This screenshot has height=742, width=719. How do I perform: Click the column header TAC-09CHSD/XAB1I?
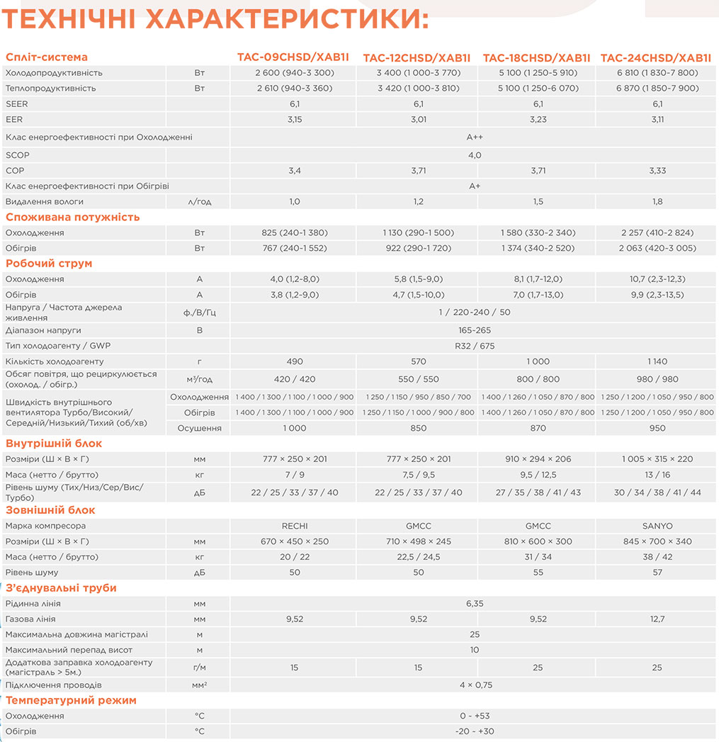[295, 57]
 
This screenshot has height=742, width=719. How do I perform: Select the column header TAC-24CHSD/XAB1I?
[655, 57]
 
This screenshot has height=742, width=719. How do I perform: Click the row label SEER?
[16, 103]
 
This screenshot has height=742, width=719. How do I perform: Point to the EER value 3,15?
[295, 119]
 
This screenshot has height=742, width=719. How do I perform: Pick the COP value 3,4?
[295, 171]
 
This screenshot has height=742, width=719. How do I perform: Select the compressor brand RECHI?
[295, 526]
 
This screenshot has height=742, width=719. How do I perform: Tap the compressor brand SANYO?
[657, 526]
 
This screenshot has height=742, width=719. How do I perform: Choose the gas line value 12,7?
[657, 619]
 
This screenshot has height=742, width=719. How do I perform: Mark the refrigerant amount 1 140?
[657, 361]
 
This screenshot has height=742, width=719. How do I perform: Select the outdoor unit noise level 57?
[657, 572]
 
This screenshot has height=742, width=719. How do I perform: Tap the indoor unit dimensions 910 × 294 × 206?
[538, 459]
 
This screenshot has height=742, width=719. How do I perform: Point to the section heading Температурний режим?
[71, 700]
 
